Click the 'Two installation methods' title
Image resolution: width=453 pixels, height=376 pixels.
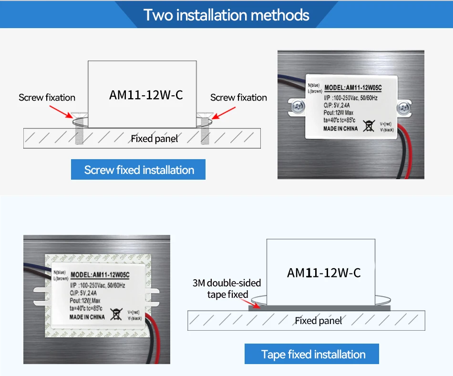[x=226, y=15]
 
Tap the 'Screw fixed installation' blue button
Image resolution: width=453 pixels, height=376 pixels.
[x=138, y=170]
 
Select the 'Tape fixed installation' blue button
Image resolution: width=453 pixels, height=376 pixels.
[x=313, y=354]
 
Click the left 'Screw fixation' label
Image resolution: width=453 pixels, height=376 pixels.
[x=47, y=98]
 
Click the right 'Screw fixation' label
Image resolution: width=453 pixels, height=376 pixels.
[x=238, y=98]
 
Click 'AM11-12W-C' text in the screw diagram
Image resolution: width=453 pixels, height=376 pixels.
[x=146, y=95]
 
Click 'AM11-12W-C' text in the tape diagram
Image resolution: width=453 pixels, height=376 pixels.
[x=324, y=273]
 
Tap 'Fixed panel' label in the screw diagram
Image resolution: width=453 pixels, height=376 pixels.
[x=154, y=139]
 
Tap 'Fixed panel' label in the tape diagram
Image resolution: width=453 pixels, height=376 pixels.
[x=318, y=321]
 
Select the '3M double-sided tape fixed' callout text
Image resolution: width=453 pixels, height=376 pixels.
[x=227, y=289]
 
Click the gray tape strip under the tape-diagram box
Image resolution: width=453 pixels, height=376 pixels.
[x=319, y=308]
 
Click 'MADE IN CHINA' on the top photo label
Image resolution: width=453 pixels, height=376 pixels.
[x=340, y=129]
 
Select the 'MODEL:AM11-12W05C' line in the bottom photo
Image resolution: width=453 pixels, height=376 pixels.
[x=100, y=274]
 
